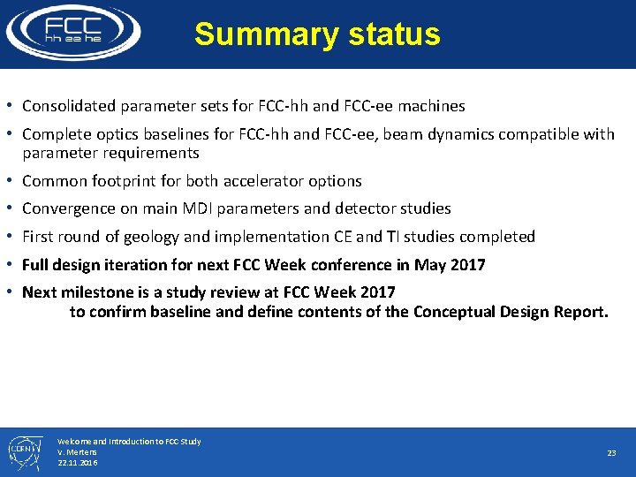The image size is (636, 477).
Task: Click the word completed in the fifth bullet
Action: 500,237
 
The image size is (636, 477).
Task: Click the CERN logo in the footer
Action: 21,451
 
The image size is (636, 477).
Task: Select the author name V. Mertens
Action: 78,451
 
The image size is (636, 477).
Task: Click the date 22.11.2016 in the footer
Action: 78,462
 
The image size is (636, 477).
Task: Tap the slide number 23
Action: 611,452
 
